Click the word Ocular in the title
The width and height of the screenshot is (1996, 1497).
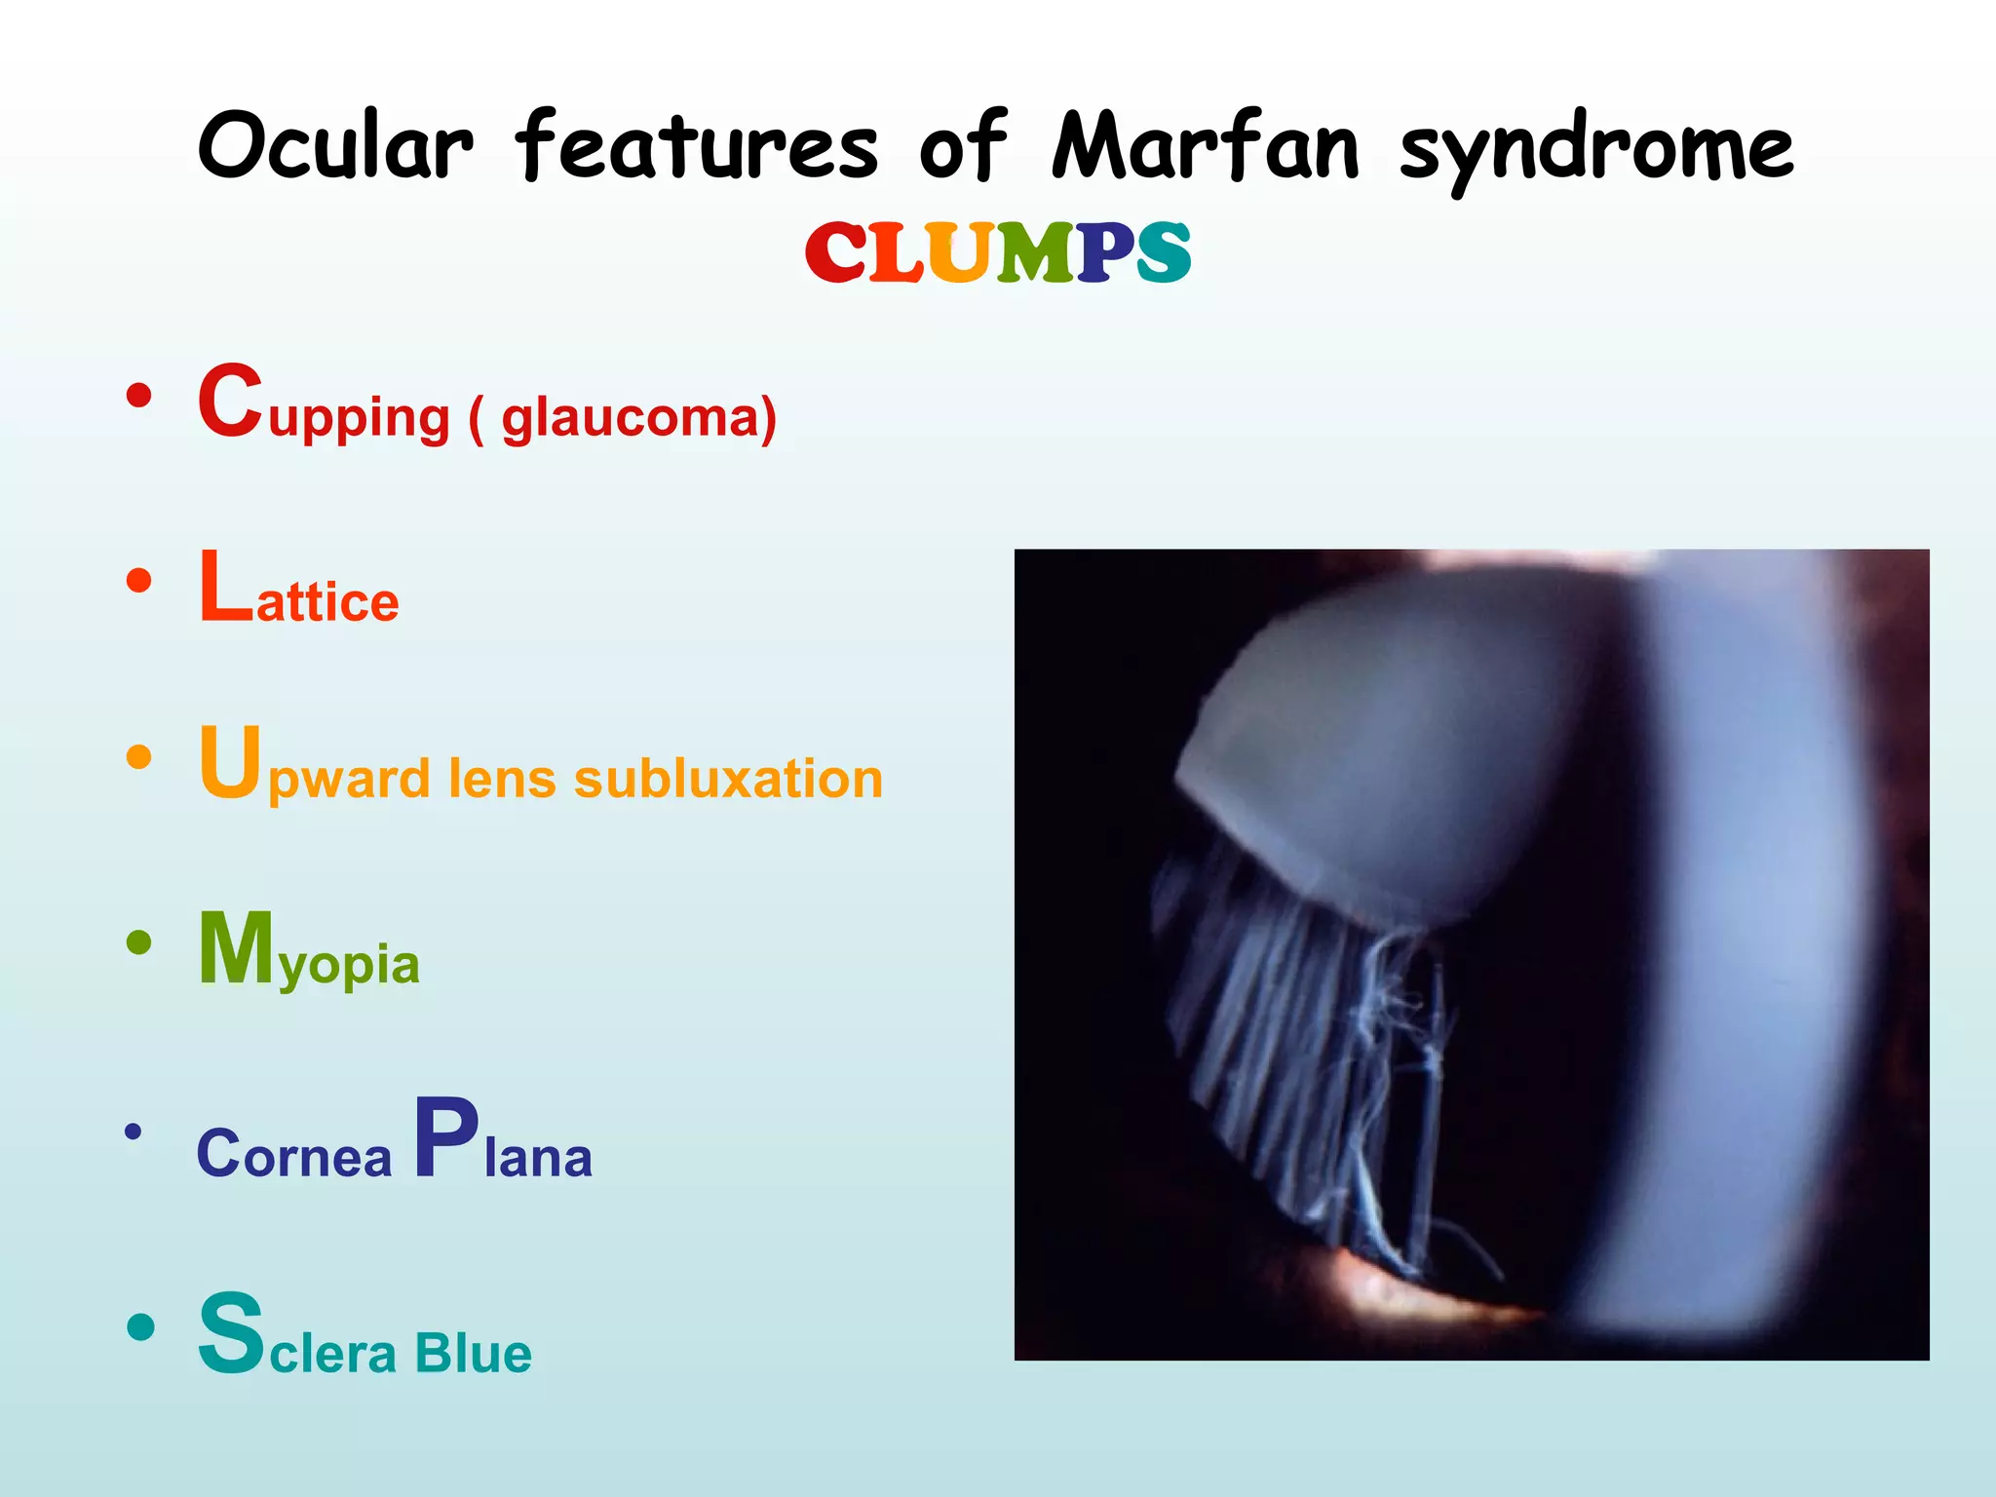coord(335,146)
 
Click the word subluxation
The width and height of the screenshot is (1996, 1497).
coord(728,779)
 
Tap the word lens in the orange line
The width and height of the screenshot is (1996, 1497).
coord(501,779)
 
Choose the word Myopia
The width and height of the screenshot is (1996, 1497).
coord(309,950)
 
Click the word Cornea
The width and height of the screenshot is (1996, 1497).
coord(293,1155)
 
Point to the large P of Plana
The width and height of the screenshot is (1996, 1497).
coord(445,1137)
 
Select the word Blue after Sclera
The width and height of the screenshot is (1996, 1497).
coord(473,1354)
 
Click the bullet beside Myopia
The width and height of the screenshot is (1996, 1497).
coord(139,942)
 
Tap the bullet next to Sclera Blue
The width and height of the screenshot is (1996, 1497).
coord(140,1327)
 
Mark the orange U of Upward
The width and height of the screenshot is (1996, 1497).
coord(231,762)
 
